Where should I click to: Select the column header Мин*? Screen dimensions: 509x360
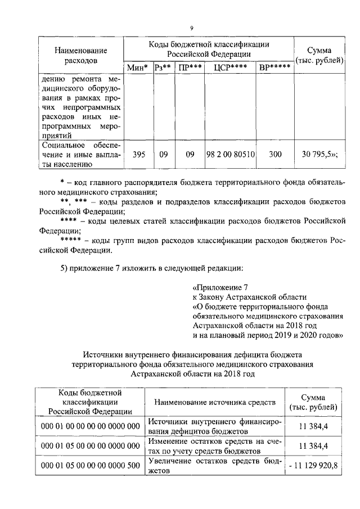pos(138,68)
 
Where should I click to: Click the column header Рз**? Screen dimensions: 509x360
pos(163,68)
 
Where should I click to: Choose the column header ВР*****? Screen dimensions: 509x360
pos(274,68)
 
